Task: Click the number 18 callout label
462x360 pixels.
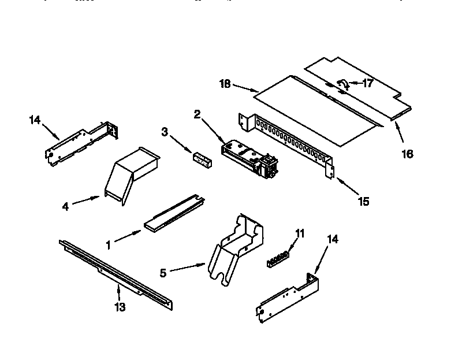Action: (225, 84)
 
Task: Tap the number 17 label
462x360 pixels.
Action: (367, 83)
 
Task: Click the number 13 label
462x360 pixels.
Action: (119, 307)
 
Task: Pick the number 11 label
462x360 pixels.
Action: (299, 233)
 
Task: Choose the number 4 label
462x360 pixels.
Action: (66, 206)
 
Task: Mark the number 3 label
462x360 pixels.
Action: (165, 132)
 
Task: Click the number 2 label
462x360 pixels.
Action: (197, 115)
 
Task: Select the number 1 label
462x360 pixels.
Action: (108, 244)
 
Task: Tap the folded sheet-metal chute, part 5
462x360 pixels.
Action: (234, 248)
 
